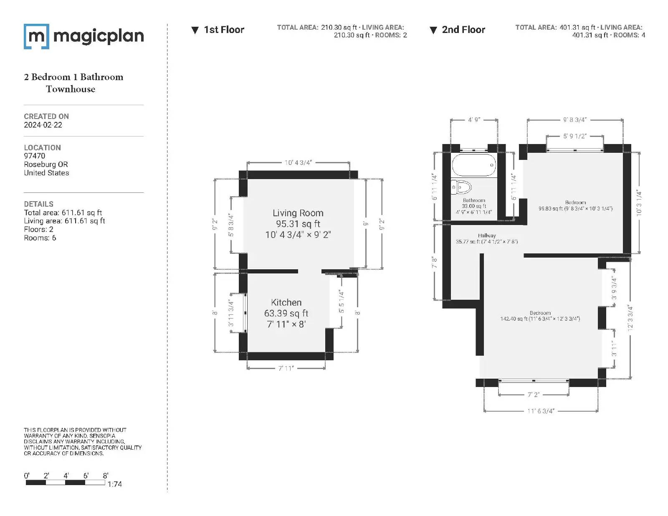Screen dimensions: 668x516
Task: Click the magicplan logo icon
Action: pyautogui.click(x=36, y=36)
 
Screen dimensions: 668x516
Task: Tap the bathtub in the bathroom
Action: pyautogui.click(x=474, y=165)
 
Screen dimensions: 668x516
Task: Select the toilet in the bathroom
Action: pyautogui.click(x=461, y=187)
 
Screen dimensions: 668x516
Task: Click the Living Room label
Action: pyautogui.click(x=298, y=212)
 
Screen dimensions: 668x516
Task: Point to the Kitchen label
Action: pyautogui.click(x=286, y=302)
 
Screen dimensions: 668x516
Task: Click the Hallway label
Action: pyautogui.click(x=487, y=235)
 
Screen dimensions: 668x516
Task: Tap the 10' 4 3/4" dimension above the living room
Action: pyautogui.click(x=298, y=162)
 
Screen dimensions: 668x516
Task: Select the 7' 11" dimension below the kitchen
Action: pyautogui.click(x=286, y=368)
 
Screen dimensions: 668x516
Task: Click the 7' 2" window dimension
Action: pyautogui.click(x=533, y=394)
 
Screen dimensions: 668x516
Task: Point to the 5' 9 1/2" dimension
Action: pyautogui.click(x=574, y=136)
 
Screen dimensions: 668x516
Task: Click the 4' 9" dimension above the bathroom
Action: pyautogui.click(x=474, y=119)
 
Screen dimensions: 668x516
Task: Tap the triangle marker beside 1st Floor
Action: pyautogui.click(x=195, y=30)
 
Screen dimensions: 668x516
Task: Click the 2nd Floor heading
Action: pyautogui.click(x=463, y=30)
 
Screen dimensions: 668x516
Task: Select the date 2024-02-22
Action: pyautogui.click(x=43, y=125)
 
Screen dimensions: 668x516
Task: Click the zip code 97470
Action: pyautogui.click(x=34, y=156)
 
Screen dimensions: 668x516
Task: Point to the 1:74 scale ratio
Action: pyautogui.click(x=115, y=484)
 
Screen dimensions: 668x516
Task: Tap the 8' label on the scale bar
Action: pyautogui.click(x=106, y=476)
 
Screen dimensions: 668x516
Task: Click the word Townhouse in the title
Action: pyautogui.click(x=71, y=89)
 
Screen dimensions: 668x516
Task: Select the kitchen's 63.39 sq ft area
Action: pyautogui.click(x=286, y=313)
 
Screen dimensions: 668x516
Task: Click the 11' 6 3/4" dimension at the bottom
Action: pyautogui.click(x=541, y=411)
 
